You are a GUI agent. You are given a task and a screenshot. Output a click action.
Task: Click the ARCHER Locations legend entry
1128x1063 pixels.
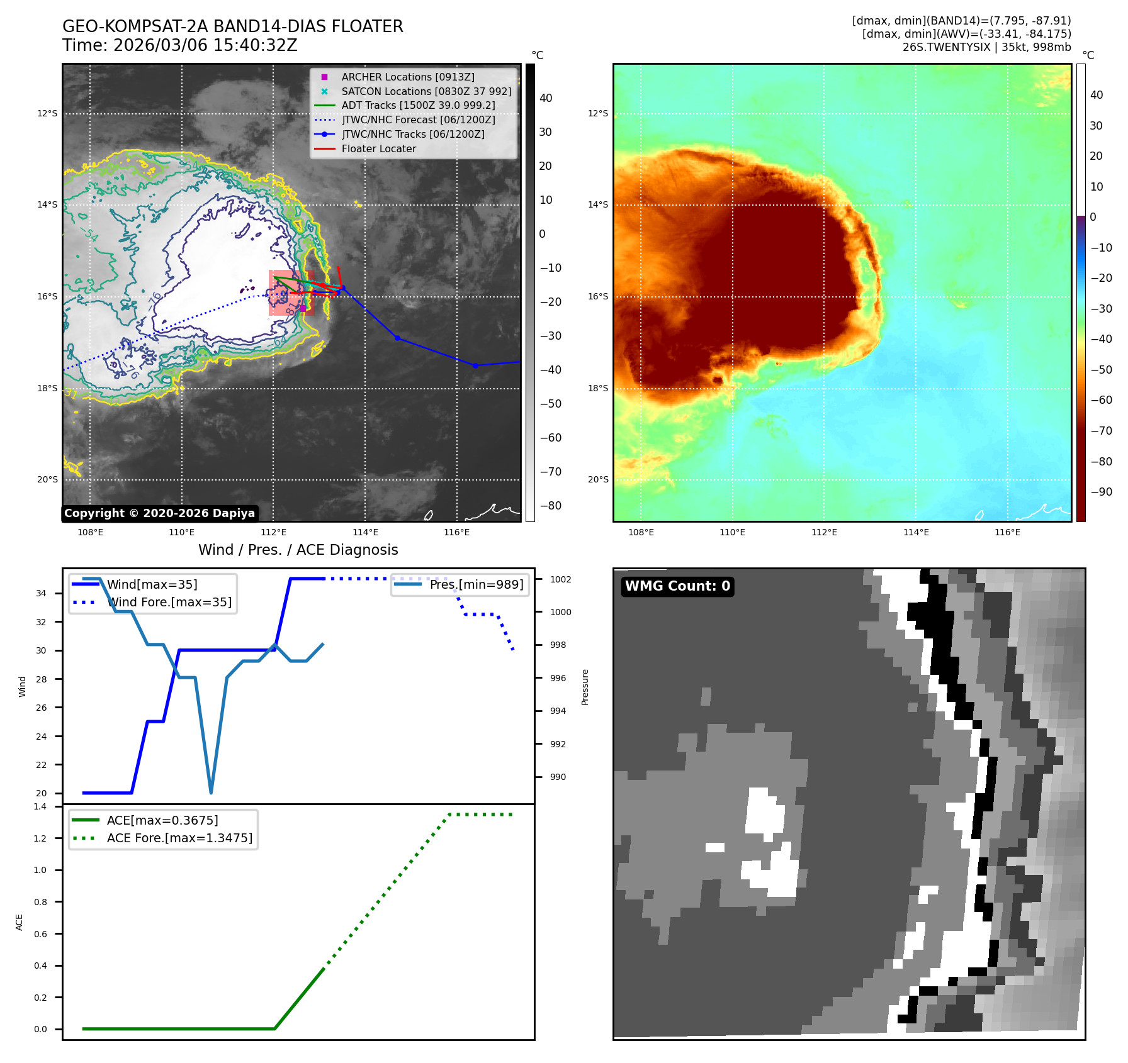click(408, 77)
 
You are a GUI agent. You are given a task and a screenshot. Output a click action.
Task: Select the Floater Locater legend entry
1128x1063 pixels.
click(378, 149)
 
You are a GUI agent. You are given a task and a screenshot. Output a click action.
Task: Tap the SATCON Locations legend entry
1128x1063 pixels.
click(426, 91)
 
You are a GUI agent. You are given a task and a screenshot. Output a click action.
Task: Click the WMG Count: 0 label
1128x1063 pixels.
click(677, 586)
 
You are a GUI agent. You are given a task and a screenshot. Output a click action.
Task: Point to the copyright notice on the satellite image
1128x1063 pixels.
click(159, 513)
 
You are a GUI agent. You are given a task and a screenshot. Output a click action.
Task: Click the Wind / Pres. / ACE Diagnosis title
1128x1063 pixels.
click(298, 550)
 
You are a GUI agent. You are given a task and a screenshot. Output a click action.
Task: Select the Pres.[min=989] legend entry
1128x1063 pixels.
click(476, 584)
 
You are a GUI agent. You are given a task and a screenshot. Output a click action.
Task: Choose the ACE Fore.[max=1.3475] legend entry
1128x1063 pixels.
click(179, 838)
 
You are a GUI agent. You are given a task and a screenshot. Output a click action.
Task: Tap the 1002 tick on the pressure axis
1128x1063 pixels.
click(560, 579)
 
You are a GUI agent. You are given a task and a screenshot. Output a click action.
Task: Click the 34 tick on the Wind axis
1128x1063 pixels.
click(41, 593)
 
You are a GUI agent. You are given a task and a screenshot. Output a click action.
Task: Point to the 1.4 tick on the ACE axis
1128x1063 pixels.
click(40, 806)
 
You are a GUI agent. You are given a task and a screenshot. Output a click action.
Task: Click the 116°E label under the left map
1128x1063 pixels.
click(456, 533)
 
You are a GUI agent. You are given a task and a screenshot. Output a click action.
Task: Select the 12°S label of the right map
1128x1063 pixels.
click(597, 114)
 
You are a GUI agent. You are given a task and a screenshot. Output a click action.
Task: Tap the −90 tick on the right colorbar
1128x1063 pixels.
click(1101, 492)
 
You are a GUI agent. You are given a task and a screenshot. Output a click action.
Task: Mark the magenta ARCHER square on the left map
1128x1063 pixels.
click(303, 308)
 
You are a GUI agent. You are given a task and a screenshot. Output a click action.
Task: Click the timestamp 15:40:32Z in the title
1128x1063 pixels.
click(258, 46)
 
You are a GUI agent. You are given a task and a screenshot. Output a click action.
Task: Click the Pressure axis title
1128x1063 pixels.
click(585, 687)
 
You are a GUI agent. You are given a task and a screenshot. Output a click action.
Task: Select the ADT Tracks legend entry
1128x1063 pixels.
click(418, 106)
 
